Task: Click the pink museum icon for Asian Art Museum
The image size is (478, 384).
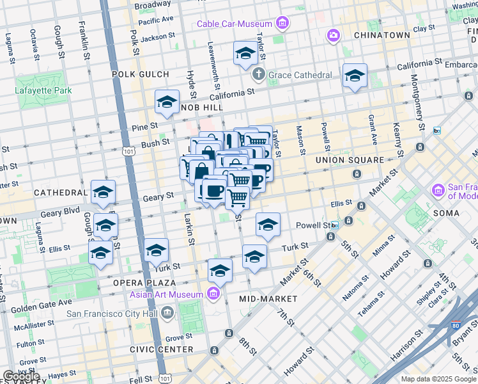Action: coord(213,294)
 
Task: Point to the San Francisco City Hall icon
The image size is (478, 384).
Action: coord(167,313)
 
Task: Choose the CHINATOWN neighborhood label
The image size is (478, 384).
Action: coord(381,35)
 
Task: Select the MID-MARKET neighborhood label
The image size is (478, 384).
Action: coord(268,299)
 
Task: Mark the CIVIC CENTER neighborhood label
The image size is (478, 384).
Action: coord(161,349)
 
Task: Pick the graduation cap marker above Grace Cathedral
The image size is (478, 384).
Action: coord(245,54)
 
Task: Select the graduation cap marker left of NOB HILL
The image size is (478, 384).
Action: coord(167,102)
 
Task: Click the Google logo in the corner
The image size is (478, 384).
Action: coord(21,376)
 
